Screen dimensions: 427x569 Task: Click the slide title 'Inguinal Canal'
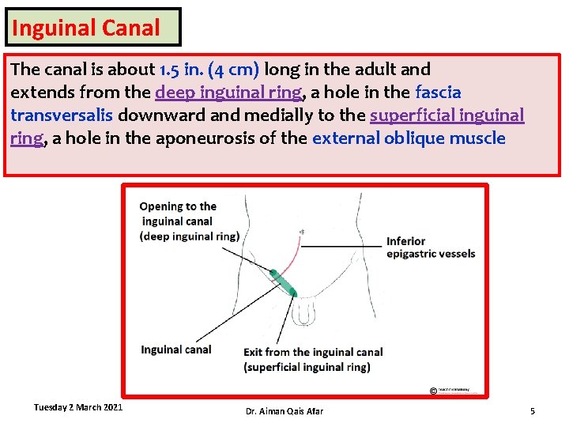[x=86, y=28]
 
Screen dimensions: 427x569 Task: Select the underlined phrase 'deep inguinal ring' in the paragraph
[x=228, y=93]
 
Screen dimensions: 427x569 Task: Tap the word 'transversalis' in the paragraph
[x=62, y=115]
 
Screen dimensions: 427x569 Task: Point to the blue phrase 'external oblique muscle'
[x=409, y=138]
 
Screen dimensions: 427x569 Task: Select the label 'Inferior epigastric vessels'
[x=430, y=247]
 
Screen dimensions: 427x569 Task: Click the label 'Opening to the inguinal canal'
[x=179, y=213]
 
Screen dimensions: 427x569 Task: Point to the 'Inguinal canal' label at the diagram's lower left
[x=175, y=350]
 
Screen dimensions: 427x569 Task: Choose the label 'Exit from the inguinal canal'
[x=313, y=352]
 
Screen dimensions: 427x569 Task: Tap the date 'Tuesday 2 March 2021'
[x=77, y=407]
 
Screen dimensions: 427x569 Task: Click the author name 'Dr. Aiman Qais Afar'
[x=284, y=411]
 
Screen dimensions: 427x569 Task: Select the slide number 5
[x=532, y=411]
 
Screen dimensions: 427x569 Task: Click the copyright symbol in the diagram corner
[x=434, y=391]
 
